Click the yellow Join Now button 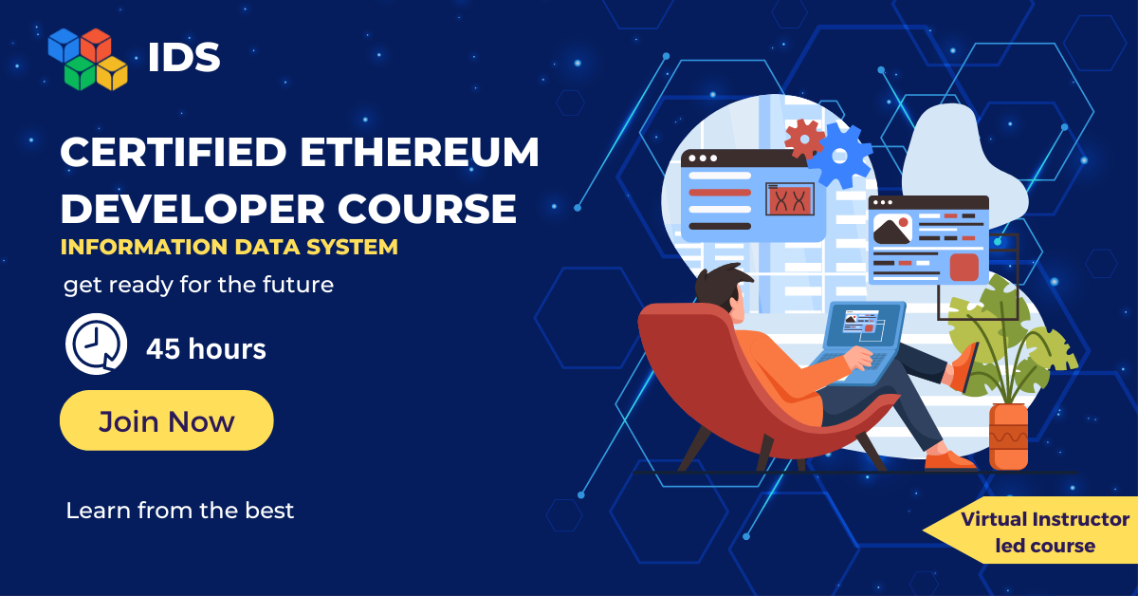pyautogui.click(x=166, y=420)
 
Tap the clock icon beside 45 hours pyautogui.click(x=96, y=344)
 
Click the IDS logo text pyautogui.click(x=184, y=57)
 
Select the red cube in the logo pyautogui.click(x=96, y=45)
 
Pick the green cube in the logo pyautogui.click(x=81, y=73)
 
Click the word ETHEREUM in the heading pyautogui.click(x=419, y=152)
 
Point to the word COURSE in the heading pyautogui.click(x=427, y=209)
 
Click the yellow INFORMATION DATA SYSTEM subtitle pyautogui.click(x=229, y=247)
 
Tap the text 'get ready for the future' pyautogui.click(x=198, y=285)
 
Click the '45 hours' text pyautogui.click(x=207, y=349)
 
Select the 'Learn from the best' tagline pyautogui.click(x=180, y=511)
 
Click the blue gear pyautogui.click(x=840, y=156)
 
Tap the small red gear pyautogui.click(x=804, y=139)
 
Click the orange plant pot pyautogui.click(x=1008, y=437)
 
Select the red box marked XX pyautogui.click(x=790, y=199)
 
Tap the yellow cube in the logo pyautogui.click(x=112, y=73)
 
